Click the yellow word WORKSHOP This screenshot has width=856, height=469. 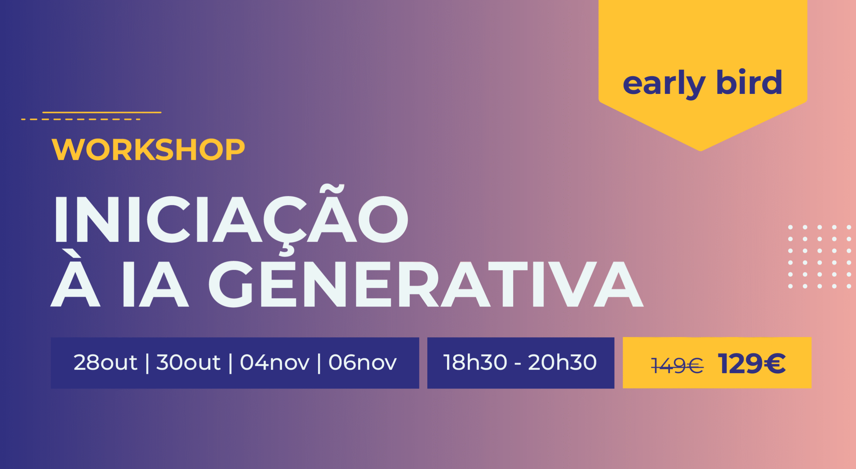[x=148, y=149]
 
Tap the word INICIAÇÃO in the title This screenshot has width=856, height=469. [x=231, y=219]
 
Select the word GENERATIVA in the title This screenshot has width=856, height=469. [x=426, y=284]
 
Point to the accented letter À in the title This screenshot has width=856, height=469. [x=75, y=278]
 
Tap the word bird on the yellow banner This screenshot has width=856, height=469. [x=749, y=82]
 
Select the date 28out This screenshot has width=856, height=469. [x=105, y=362]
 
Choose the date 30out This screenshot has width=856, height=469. [x=188, y=362]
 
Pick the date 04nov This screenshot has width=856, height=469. [x=275, y=362]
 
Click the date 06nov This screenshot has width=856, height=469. [x=362, y=362]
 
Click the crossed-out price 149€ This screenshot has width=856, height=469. [x=677, y=365]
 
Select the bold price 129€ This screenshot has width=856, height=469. [x=752, y=363]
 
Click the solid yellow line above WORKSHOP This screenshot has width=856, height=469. [x=102, y=112]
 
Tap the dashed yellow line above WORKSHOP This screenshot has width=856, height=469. [x=81, y=119]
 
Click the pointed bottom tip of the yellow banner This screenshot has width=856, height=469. [x=701, y=151]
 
